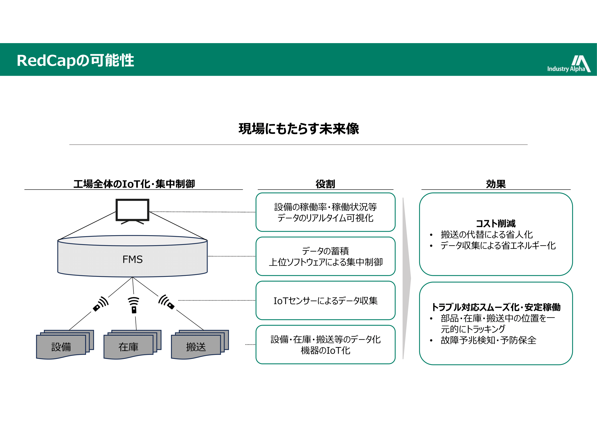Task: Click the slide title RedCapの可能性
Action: [x=75, y=60]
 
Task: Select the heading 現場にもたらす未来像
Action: [x=299, y=129]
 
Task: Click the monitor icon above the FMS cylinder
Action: [x=132, y=210]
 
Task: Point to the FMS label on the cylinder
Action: [x=133, y=259]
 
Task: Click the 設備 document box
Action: [x=61, y=347]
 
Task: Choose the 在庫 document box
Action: [x=129, y=347]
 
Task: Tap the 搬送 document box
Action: [x=196, y=347]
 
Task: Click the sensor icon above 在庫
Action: [x=134, y=305]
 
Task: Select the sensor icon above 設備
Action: [x=101, y=304]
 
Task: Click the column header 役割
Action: [x=325, y=184]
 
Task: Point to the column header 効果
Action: [x=496, y=184]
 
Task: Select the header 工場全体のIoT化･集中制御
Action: [x=134, y=184]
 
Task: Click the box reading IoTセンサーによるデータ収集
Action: [x=325, y=301]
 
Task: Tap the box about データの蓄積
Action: [x=325, y=256]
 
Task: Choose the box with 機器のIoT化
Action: [x=325, y=345]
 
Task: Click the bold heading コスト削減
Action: [x=496, y=224]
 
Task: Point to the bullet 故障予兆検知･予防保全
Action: [x=488, y=340]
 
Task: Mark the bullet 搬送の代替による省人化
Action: [x=486, y=235]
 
